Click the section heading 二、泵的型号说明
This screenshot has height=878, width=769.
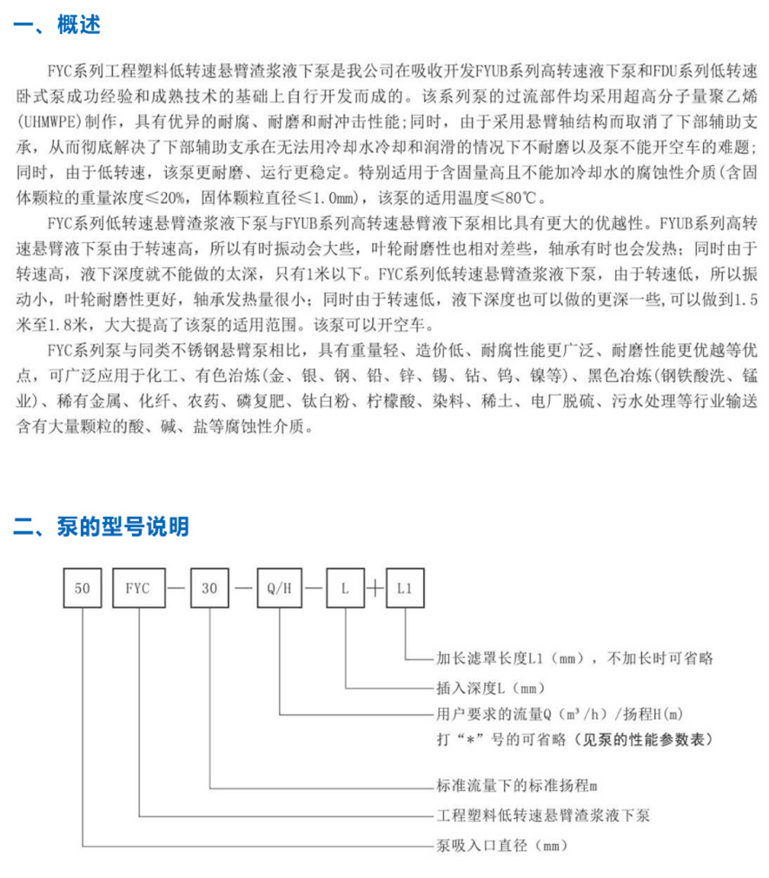click(101, 525)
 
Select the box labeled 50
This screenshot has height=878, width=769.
click(83, 588)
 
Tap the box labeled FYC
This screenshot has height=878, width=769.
click(138, 588)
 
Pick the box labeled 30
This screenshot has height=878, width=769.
click(210, 588)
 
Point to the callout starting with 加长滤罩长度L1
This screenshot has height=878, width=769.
click(573, 658)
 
